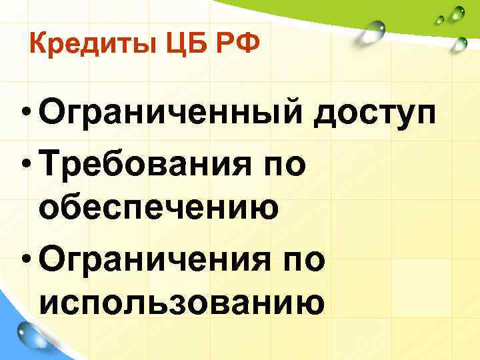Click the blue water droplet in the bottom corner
tap(28, 333)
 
